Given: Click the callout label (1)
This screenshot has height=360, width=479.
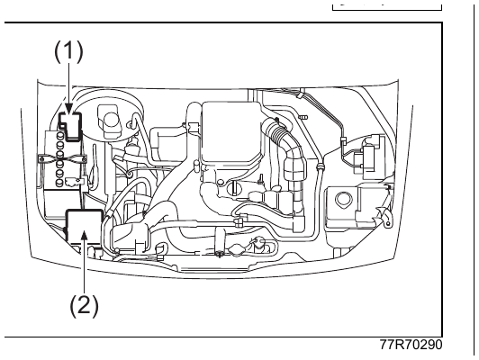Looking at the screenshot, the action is [68, 51].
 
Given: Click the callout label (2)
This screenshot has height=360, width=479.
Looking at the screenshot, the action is [85, 305].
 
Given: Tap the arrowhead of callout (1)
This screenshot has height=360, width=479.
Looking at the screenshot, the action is [68, 109].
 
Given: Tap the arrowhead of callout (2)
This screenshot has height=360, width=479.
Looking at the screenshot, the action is [85, 237].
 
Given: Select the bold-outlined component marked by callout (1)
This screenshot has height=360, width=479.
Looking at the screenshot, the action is [71, 127].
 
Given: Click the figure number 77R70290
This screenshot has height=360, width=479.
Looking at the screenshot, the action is [411, 345].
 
